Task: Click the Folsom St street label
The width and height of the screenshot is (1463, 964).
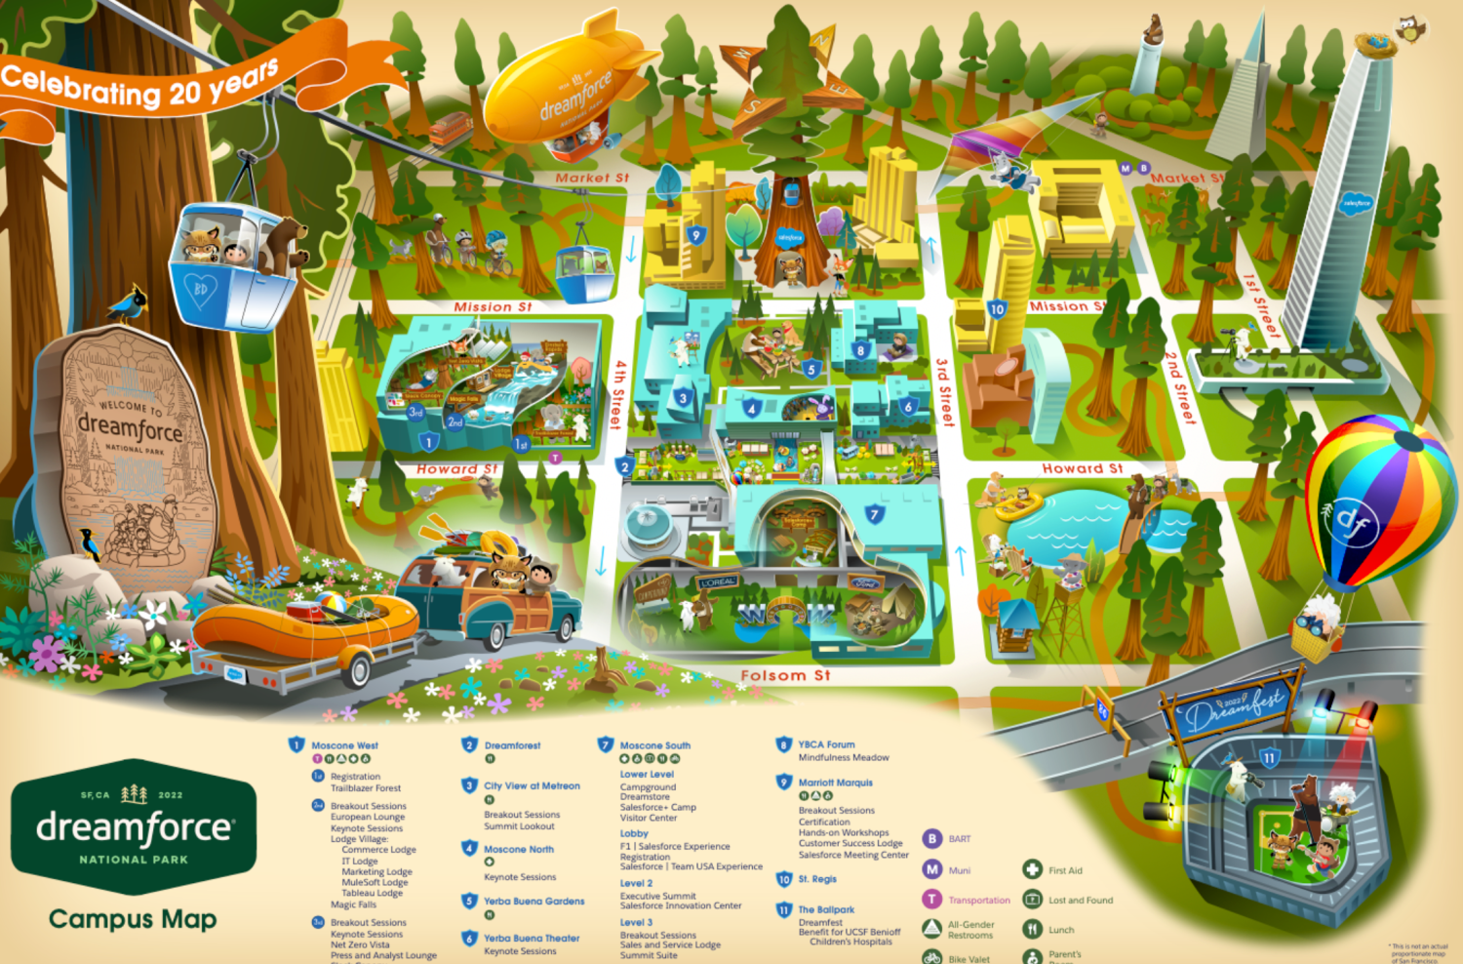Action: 785,675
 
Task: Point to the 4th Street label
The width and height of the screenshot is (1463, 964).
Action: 617,395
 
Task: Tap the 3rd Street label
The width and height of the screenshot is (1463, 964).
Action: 943,392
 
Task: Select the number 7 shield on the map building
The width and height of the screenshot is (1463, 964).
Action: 875,514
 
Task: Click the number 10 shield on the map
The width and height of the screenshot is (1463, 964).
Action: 996,309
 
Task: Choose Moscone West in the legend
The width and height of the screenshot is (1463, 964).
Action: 344,745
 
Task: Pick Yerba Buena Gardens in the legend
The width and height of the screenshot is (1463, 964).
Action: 534,902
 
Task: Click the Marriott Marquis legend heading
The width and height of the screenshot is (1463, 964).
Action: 835,783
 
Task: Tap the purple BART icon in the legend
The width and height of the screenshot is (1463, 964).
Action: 932,839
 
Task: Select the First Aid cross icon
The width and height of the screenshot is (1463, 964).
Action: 1032,869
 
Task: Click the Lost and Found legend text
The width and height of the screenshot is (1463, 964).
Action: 1080,901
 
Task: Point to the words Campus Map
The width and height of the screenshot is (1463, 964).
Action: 133,919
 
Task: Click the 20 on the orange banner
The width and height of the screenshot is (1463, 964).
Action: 185,94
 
